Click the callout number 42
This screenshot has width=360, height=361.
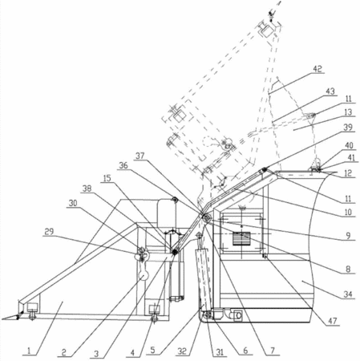pos(318,69)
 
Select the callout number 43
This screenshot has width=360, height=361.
pos(330,91)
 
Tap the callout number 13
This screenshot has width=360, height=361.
pos(348,112)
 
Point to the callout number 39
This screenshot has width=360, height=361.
pos(348,127)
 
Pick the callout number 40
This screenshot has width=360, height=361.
pos(349,145)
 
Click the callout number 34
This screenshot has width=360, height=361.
pos(348,294)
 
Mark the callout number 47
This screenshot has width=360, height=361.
pos(333,321)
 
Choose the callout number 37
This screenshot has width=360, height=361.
pos(140,156)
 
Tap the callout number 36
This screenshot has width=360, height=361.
pos(123,165)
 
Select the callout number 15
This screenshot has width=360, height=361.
pos(107,178)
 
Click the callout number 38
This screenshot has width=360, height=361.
pos(87,189)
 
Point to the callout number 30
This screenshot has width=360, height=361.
pos(73,203)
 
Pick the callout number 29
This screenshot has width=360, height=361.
pos(49,231)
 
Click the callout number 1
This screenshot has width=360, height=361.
pos(29,351)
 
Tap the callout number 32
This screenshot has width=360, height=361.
pos(182,351)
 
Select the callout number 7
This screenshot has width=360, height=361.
pos(273,351)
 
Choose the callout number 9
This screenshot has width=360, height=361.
pos(348,236)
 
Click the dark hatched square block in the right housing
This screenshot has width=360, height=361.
pos(241,238)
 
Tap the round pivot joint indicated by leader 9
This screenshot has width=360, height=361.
pos(206,218)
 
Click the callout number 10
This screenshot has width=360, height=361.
pos(348,212)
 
